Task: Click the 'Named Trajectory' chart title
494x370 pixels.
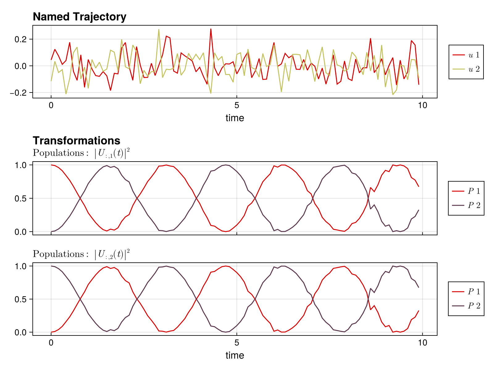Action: (x=79, y=17)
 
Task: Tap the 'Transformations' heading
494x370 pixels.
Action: (x=76, y=141)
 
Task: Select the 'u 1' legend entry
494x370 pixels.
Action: (x=466, y=55)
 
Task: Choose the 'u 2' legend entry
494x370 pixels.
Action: (x=466, y=69)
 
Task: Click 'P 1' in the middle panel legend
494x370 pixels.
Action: (x=466, y=191)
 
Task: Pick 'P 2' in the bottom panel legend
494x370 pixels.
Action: (x=466, y=306)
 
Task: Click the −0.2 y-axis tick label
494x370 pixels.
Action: (x=19, y=92)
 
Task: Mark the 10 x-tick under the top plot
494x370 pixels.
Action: (x=422, y=106)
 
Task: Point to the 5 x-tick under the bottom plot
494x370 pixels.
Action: (x=237, y=343)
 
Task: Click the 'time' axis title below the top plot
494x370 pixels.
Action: (x=235, y=118)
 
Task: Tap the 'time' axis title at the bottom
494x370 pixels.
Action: (x=235, y=355)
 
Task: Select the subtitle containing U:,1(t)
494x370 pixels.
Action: (x=81, y=153)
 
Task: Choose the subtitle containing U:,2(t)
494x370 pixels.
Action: (x=81, y=254)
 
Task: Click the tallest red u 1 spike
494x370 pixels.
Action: (x=211, y=29)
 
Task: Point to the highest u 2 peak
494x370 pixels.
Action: (x=159, y=30)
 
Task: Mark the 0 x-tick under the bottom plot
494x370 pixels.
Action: (x=51, y=343)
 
